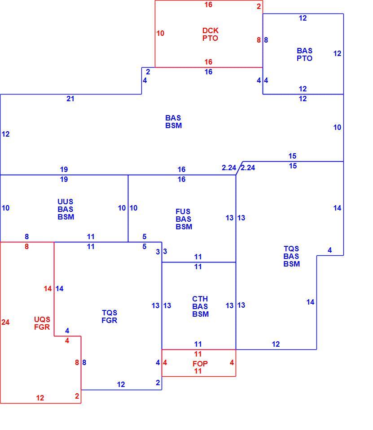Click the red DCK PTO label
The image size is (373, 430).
pyautogui.click(x=210, y=34)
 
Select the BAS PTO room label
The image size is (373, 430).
pyautogui.click(x=305, y=54)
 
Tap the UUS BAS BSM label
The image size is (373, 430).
pyautogui.click(x=66, y=209)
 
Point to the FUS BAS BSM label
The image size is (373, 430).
pyautogui.click(x=184, y=219)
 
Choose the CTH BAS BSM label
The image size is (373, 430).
pyautogui.click(x=200, y=306)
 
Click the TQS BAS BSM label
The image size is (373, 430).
pyautogui.click(x=292, y=256)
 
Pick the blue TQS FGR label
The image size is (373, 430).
pyautogui.click(x=110, y=317)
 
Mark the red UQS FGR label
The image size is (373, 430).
pyautogui.click(x=42, y=323)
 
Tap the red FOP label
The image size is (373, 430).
pyautogui.click(x=200, y=364)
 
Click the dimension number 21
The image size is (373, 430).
pyautogui.click(x=70, y=99)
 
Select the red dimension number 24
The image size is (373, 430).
pyautogui.click(x=5, y=322)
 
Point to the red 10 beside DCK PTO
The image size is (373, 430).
pyautogui.click(x=160, y=33)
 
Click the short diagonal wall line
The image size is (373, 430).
pyautogui.click(x=239, y=168)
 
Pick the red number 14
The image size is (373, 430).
pyautogui.click(x=48, y=288)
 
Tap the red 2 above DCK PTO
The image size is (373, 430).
pyautogui.click(x=259, y=6)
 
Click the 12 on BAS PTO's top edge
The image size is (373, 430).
pyautogui.click(x=303, y=18)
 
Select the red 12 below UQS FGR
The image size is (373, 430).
pyautogui.click(x=40, y=398)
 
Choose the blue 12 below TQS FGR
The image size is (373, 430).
pyautogui.click(x=121, y=384)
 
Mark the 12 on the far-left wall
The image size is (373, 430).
pyautogui.click(x=5, y=134)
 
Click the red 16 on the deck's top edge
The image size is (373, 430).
pyautogui.click(x=208, y=4)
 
